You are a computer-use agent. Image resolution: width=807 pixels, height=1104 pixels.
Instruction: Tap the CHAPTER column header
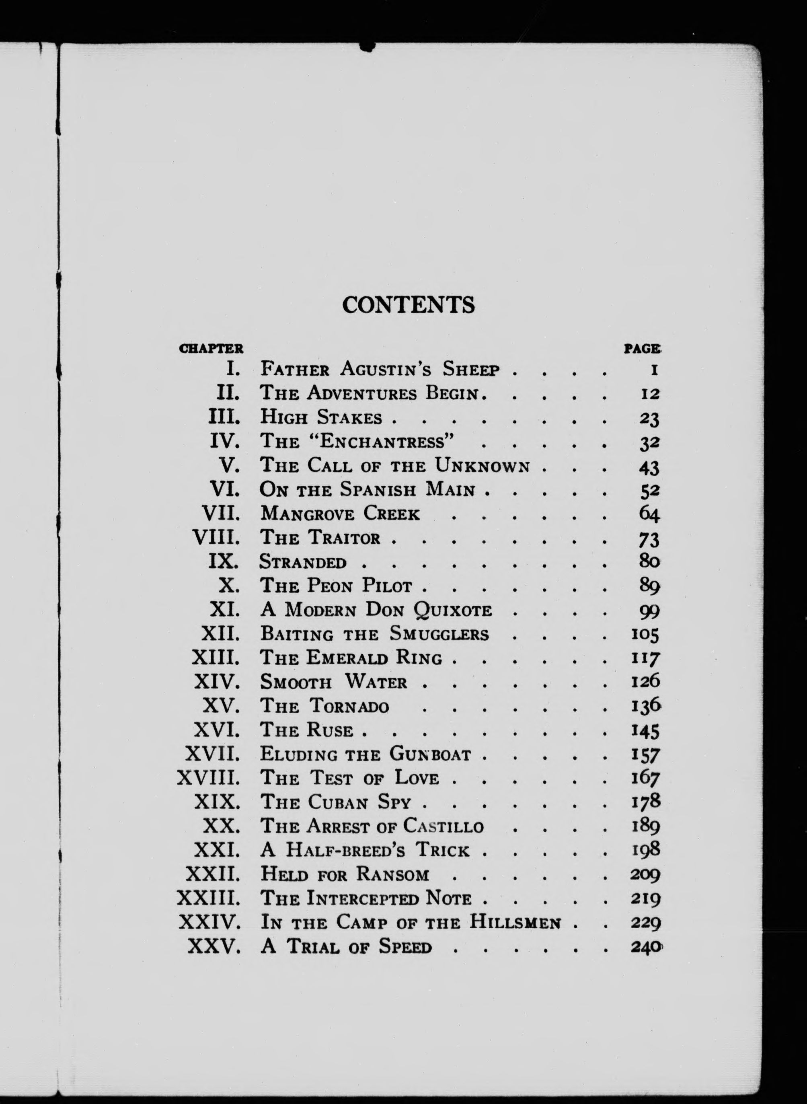[211, 349]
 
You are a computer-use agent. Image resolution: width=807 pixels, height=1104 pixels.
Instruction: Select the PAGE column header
[643, 349]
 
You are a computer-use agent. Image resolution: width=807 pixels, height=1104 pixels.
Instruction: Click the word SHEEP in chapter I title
[471, 369]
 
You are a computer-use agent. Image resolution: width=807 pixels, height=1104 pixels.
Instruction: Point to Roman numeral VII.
[221, 514]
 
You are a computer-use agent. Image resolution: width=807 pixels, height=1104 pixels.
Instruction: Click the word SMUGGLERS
[439, 634]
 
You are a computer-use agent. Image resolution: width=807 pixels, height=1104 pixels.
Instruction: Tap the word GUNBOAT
[430, 754]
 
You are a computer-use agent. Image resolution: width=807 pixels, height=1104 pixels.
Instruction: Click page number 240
[645, 947]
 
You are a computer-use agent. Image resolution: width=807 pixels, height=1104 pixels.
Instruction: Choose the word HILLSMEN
[515, 923]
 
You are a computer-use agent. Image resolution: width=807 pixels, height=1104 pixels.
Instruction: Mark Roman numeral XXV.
[214, 947]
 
